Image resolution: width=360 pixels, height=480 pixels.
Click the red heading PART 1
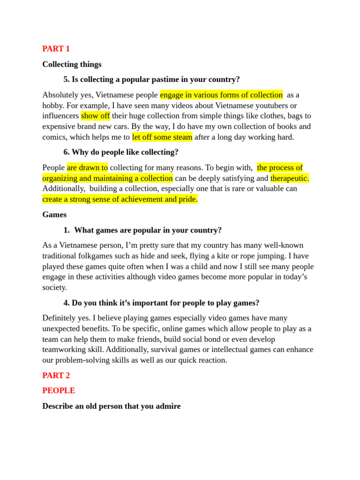click(x=56, y=49)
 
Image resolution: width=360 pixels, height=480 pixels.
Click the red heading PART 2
click(x=56, y=375)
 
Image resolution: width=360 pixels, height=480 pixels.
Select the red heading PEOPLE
click(x=59, y=390)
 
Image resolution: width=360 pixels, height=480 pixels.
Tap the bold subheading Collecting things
click(x=72, y=64)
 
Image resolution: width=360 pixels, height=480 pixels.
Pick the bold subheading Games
click(x=54, y=215)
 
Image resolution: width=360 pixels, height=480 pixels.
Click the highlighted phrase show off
click(x=95, y=116)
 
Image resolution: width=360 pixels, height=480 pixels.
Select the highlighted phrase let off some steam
click(x=162, y=137)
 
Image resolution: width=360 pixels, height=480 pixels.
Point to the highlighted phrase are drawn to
click(x=87, y=167)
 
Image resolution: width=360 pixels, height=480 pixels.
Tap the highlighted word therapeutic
click(x=290, y=178)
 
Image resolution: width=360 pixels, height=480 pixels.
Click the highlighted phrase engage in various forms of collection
click(x=221, y=95)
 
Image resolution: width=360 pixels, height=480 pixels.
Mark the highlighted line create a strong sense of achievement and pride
click(x=120, y=199)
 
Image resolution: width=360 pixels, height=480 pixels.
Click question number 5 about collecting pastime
click(x=66, y=79)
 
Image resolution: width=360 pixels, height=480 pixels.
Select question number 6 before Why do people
click(x=66, y=152)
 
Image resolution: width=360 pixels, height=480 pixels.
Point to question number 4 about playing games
click(x=66, y=303)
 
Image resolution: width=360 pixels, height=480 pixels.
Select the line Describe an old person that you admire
click(x=111, y=406)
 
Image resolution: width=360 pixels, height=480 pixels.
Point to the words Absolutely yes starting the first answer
click(x=67, y=95)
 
